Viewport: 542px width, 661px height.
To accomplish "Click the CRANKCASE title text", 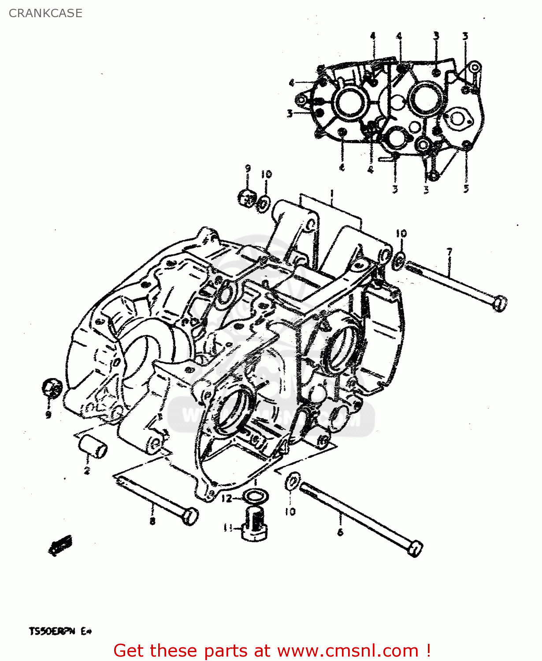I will [45, 13].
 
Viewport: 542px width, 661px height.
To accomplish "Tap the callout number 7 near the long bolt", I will [449, 252].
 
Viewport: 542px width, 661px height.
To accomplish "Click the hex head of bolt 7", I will [499, 303].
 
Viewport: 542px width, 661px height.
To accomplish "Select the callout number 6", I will [340, 532].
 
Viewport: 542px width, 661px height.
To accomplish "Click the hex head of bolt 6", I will [416, 549].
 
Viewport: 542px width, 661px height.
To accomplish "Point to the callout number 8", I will [152, 521].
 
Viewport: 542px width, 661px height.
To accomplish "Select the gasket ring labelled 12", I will [255, 496].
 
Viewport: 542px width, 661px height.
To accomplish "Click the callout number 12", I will [226, 498].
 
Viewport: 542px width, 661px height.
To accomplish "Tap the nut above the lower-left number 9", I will [51, 388].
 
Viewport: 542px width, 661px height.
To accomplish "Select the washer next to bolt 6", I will [293, 481].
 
